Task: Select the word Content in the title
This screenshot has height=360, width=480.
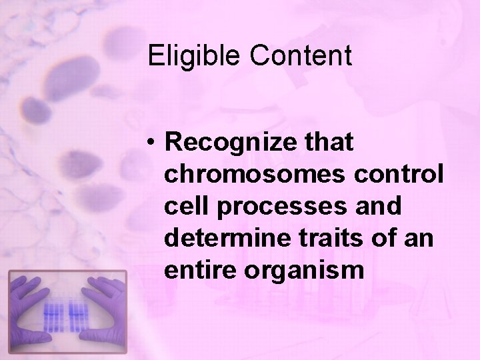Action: coord(301,56)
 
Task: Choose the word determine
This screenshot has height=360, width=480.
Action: coord(227,237)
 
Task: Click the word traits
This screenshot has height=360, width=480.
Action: coord(333,237)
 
